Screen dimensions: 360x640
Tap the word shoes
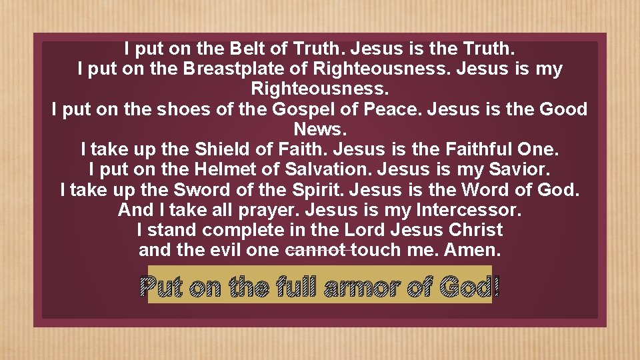tap(181, 109)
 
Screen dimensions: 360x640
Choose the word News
tap(319, 129)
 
